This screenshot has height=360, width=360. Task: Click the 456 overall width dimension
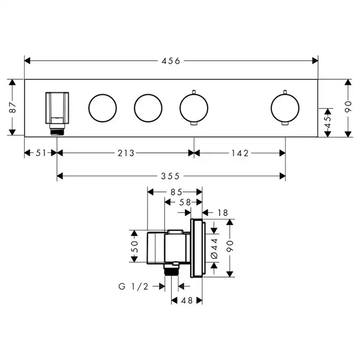(x=171, y=61)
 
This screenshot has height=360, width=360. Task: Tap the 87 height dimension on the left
(x=13, y=107)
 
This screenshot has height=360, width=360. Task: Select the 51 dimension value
(x=41, y=153)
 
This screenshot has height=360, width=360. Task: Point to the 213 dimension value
(x=126, y=153)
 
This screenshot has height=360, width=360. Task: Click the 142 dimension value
(x=240, y=153)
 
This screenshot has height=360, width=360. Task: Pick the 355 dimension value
(x=170, y=176)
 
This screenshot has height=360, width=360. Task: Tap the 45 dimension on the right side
(x=328, y=122)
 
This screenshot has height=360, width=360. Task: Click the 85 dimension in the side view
(x=176, y=192)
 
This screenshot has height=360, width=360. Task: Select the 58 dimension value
(x=185, y=202)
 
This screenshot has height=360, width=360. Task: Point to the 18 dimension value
(x=223, y=213)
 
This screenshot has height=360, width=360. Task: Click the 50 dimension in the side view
(x=134, y=247)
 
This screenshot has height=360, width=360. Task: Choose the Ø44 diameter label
(x=214, y=248)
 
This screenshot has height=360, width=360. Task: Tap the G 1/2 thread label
(x=133, y=287)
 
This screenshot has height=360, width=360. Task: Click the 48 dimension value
(x=187, y=301)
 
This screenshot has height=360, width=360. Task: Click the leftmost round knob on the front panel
(x=103, y=108)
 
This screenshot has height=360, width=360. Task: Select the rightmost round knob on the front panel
(x=285, y=108)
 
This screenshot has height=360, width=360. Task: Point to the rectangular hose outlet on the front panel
(x=57, y=108)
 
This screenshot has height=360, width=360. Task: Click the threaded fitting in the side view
(x=171, y=269)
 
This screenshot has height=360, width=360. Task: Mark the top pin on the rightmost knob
(x=285, y=92)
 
